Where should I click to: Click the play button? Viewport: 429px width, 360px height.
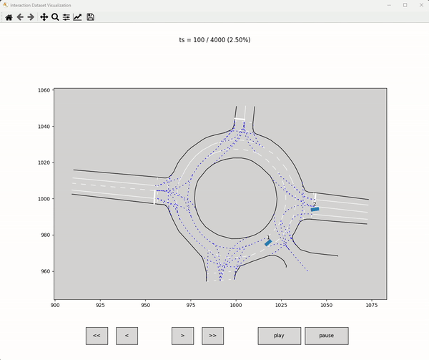279,336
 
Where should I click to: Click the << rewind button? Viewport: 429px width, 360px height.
97,336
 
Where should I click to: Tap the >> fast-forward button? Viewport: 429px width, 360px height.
212,336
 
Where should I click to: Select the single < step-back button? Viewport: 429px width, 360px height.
127,336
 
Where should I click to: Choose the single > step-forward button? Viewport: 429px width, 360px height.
182,336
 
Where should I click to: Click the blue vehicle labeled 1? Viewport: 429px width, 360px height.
268,243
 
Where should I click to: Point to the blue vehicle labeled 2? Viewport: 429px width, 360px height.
315,209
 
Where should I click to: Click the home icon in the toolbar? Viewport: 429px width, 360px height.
9,16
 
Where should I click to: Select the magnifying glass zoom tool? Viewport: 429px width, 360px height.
55,16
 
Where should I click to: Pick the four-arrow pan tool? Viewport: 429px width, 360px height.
44,16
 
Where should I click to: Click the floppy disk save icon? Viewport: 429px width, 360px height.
91,16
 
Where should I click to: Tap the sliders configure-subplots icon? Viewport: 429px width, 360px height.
66,16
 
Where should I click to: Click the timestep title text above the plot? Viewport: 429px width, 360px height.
214,40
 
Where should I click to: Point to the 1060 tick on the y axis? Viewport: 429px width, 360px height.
44,91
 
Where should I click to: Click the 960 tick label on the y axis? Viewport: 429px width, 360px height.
44,271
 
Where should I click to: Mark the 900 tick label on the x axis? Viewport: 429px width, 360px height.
55,305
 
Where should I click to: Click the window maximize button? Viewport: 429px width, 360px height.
405,5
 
